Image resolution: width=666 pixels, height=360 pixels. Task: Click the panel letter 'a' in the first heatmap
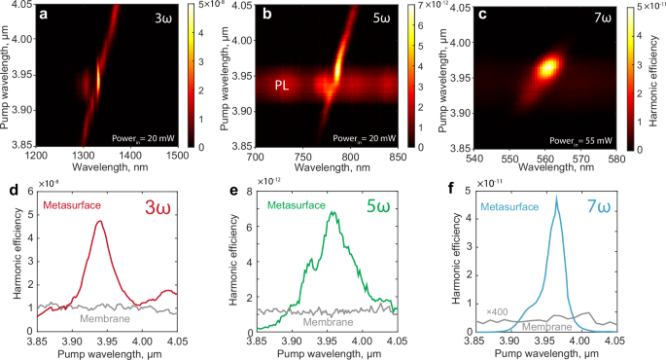56,18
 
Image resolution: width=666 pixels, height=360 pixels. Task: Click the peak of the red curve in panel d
126,221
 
